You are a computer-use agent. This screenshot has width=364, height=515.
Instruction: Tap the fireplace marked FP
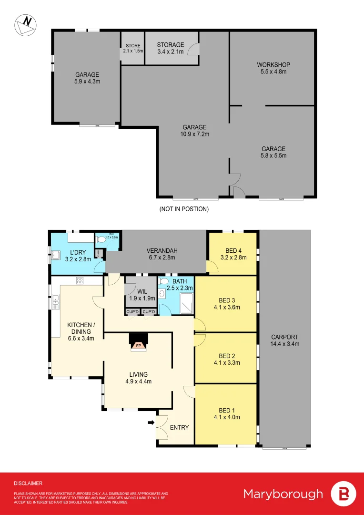(139, 345)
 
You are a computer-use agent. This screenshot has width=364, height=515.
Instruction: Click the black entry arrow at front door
(151, 422)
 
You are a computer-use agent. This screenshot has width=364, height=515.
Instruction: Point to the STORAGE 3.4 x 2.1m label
(170, 49)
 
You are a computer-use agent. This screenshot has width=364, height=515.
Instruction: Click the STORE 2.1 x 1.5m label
(133, 48)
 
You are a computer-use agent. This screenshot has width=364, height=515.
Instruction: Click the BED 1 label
(226, 413)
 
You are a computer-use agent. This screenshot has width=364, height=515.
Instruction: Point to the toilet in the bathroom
(164, 281)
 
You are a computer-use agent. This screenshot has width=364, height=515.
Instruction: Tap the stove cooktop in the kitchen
(79, 281)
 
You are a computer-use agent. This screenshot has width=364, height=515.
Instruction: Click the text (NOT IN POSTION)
(184, 209)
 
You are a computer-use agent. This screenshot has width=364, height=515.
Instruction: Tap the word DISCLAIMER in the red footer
(28, 483)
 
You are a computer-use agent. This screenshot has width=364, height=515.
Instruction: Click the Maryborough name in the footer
(283, 494)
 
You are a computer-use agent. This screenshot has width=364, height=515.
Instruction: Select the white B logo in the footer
(344, 494)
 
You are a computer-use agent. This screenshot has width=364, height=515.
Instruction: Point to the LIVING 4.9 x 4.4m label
(137, 378)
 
